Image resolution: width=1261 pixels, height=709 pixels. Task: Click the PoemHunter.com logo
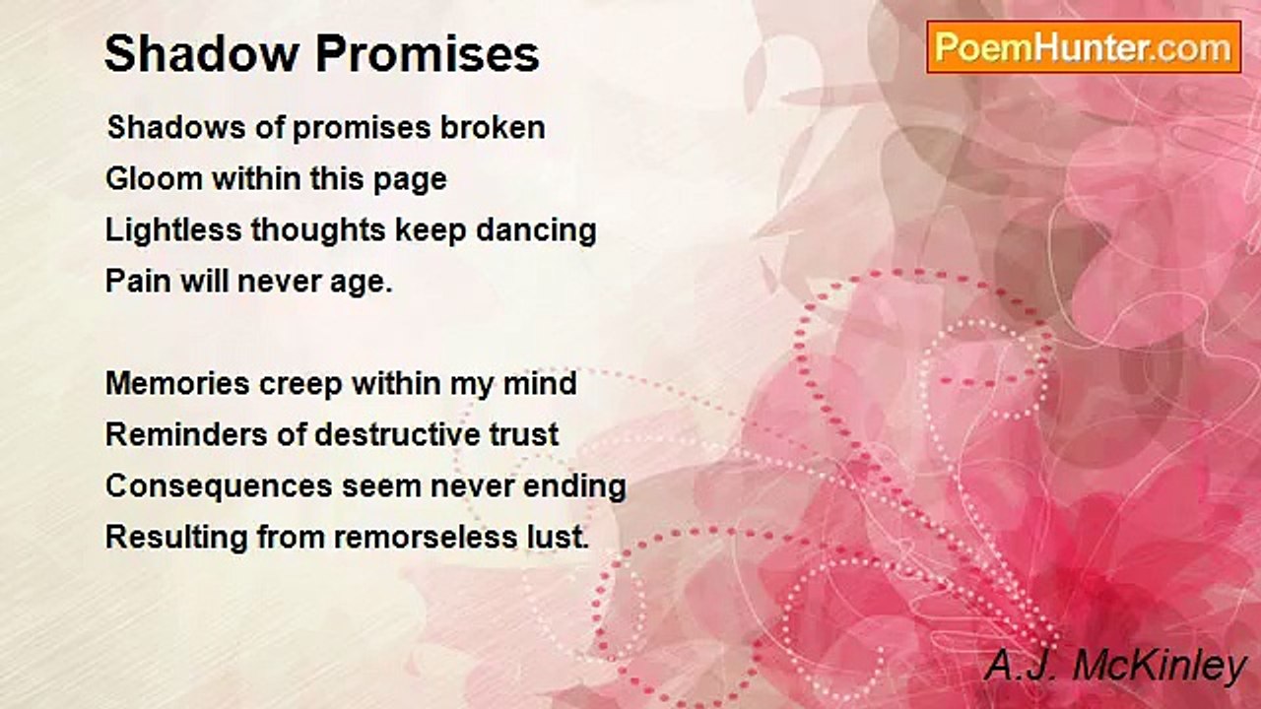1084,47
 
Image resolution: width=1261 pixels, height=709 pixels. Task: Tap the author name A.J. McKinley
1116,667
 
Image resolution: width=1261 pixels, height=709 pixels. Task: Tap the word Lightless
172,230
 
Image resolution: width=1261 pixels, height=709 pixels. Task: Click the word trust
524,435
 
